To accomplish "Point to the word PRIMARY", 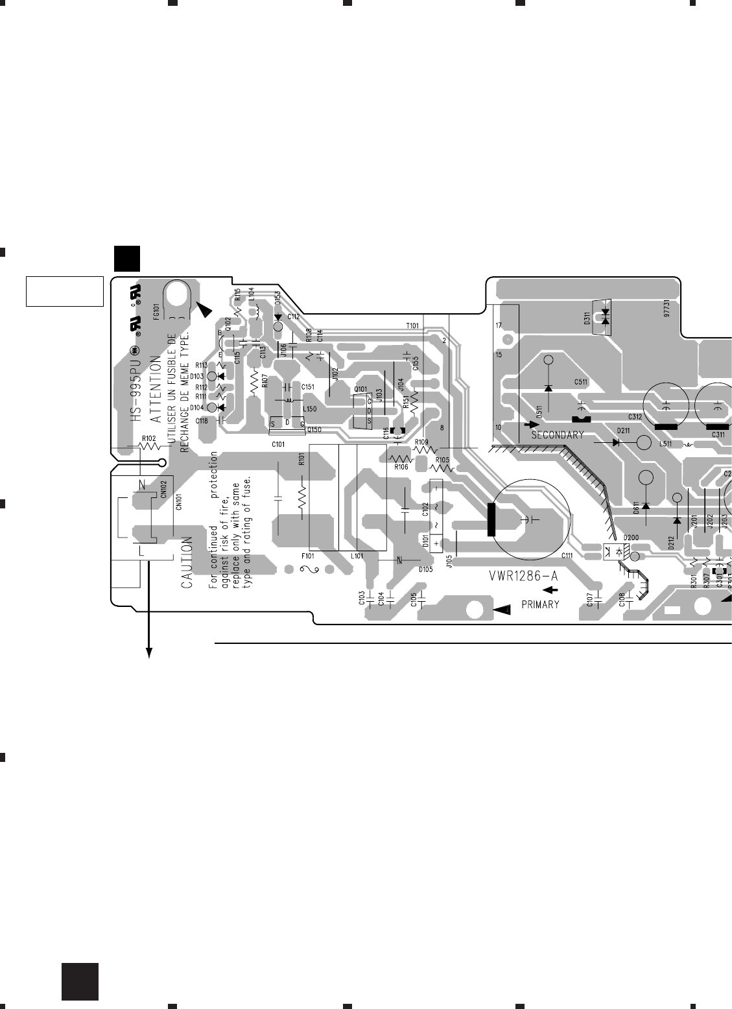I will click(x=540, y=605).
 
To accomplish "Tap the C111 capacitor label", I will click(x=568, y=555).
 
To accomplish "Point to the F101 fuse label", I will click(x=309, y=556).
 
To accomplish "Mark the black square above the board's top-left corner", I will click(x=127, y=258).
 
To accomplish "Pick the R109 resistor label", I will click(x=422, y=442).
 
